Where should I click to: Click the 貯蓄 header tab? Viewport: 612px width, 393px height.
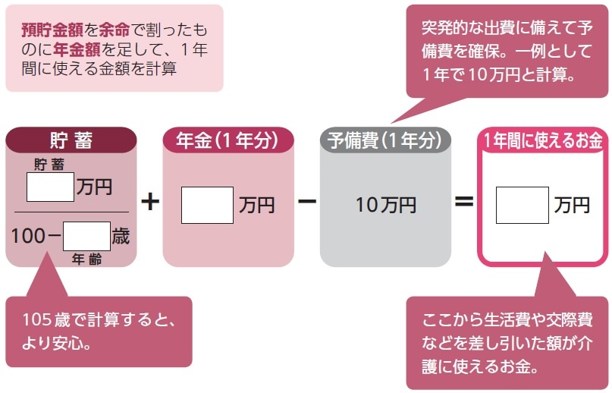coord(71,140)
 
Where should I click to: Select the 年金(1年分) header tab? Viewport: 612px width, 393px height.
coord(228,140)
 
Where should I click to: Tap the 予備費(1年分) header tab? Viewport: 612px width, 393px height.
coord(384,140)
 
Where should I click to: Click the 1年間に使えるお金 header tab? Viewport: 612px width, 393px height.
coord(542,140)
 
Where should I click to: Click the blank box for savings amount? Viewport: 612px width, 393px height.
coord(50,187)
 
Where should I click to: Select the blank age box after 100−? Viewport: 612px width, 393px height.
coord(87,236)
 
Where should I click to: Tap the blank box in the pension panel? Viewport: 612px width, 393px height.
coord(207,205)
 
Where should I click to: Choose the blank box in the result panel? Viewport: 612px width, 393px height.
coord(522,205)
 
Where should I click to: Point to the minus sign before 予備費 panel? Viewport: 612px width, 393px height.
coord(307,203)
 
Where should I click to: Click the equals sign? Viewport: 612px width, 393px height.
coord(463,203)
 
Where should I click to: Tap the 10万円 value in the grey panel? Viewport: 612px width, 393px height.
coord(385,205)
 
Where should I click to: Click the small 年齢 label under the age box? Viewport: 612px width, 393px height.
coord(86,259)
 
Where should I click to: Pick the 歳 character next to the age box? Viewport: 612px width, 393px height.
coord(121,236)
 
